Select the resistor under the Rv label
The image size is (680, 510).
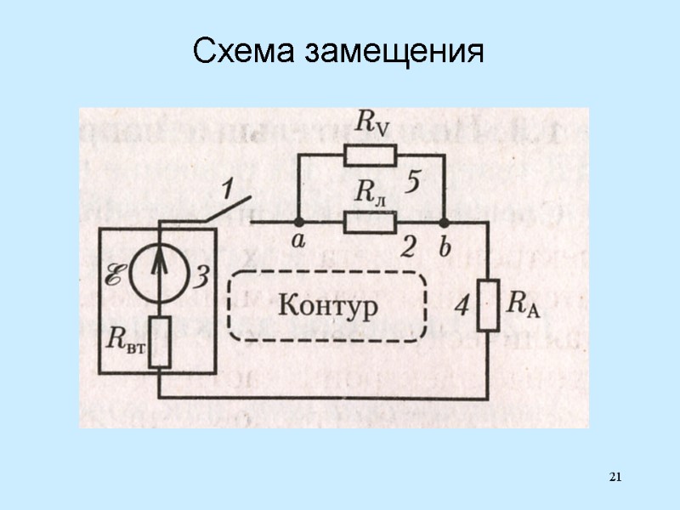tap(370, 155)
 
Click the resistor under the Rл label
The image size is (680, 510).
tap(370, 222)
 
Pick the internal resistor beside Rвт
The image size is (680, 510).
tap(161, 343)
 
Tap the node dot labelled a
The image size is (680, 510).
tap(297, 223)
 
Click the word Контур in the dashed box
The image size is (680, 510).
tap(328, 304)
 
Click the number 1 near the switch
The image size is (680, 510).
tap(227, 186)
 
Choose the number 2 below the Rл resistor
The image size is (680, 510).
tap(409, 247)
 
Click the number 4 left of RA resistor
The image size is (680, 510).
tap(461, 306)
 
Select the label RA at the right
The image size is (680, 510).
tap(524, 303)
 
